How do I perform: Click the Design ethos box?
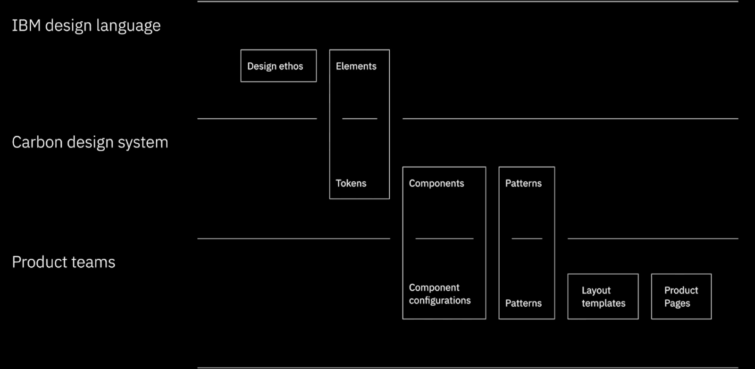pos(278,66)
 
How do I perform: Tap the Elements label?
pos(356,66)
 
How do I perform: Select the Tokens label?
pos(351,183)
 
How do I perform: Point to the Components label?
pos(436,183)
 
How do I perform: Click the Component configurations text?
pos(439,294)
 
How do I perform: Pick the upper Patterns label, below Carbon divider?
pos(523,183)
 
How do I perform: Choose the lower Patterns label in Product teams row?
pos(523,303)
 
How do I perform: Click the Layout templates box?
pos(603,296)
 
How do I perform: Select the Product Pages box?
pos(681,296)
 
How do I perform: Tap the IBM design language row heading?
pos(86,25)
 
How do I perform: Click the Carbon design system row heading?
pos(90,142)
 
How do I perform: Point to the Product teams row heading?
pos(63,262)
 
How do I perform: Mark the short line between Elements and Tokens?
pos(360,119)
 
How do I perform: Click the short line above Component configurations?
pos(444,238)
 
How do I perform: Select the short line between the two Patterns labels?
pos(527,238)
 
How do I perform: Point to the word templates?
pos(603,303)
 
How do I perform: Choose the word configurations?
pos(439,301)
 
